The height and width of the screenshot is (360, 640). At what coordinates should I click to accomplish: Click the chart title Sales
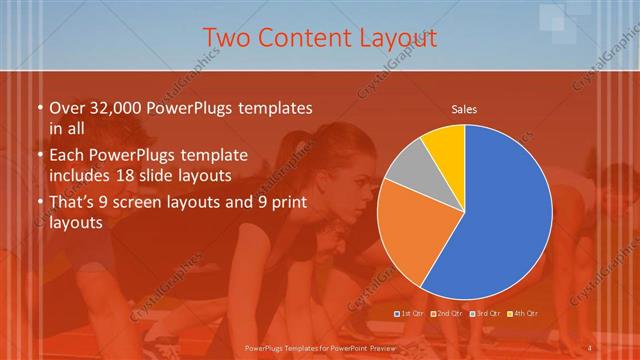464,109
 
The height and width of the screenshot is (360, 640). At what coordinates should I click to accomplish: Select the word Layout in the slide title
397,38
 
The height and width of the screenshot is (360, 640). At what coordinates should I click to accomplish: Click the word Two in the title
225,38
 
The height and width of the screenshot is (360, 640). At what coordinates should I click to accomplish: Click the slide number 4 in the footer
590,348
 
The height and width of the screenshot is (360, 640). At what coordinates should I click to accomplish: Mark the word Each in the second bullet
66,155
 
